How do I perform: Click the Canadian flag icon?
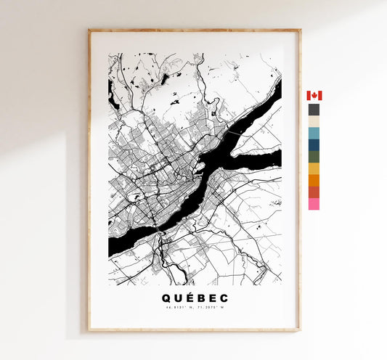point(314,96)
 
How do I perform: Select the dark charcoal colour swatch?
point(314,110)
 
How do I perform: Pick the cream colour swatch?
point(314,122)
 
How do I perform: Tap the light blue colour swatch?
point(314,134)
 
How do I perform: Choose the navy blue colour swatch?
point(314,145)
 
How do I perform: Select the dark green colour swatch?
point(314,157)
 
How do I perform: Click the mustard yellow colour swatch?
point(314,169)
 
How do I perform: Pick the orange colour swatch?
point(314,181)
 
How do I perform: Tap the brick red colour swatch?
point(314,192)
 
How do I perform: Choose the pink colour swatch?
point(314,204)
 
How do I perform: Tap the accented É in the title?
point(188,297)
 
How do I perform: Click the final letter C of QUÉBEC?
point(224,298)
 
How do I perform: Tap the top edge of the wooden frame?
point(194,31)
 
